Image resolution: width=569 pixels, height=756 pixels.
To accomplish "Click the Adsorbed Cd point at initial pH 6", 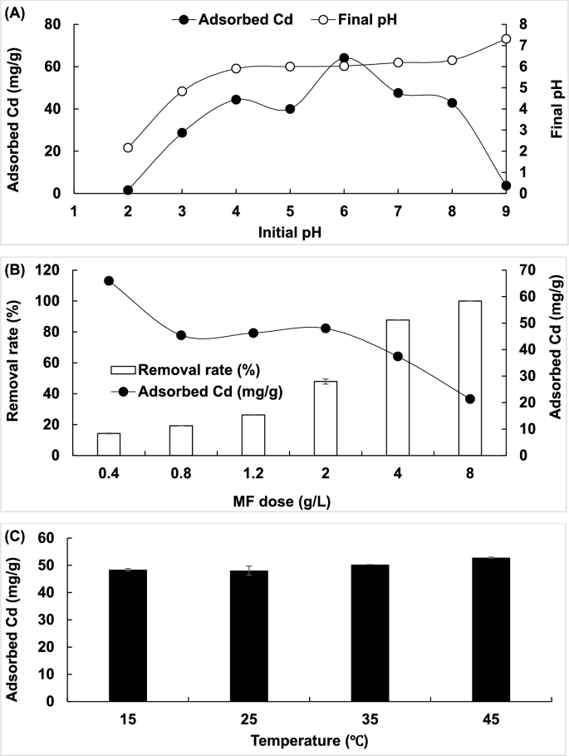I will (x=344, y=58).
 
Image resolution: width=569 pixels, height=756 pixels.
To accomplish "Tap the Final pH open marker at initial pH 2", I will (x=128, y=148).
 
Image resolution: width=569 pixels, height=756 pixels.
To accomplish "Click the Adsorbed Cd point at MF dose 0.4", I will (x=109, y=281).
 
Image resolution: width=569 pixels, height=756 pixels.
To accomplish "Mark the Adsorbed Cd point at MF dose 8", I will (x=470, y=399).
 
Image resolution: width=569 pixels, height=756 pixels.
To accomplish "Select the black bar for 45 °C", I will (x=490, y=630).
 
